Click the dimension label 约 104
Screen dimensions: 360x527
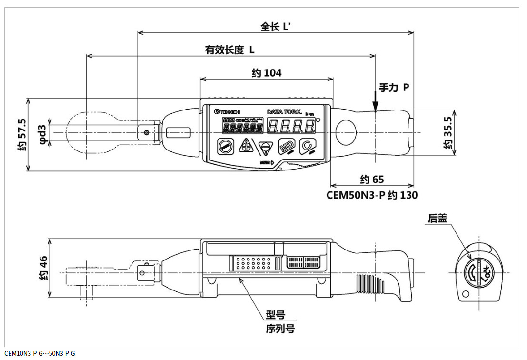click(x=267, y=73)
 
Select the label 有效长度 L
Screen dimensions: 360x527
click(x=229, y=50)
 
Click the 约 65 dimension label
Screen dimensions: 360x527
click(x=372, y=180)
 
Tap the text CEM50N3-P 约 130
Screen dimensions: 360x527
click(x=372, y=195)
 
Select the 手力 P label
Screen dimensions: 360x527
click(x=394, y=88)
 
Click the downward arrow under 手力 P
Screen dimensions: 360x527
click(x=376, y=102)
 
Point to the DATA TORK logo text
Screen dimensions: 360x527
click(x=285, y=111)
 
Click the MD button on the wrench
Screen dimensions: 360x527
click(x=287, y=147)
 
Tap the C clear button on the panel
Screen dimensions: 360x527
click(x=307, y=147)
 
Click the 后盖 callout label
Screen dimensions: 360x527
click(x=437, y=218)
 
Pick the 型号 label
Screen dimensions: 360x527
click(x=275, y=315)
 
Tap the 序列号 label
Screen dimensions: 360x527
click(x=280, y=329)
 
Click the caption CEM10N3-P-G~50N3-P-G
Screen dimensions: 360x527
click(x=40, y=354)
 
